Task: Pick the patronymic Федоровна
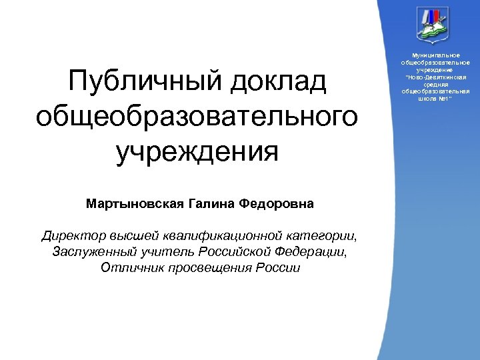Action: [280, 203]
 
